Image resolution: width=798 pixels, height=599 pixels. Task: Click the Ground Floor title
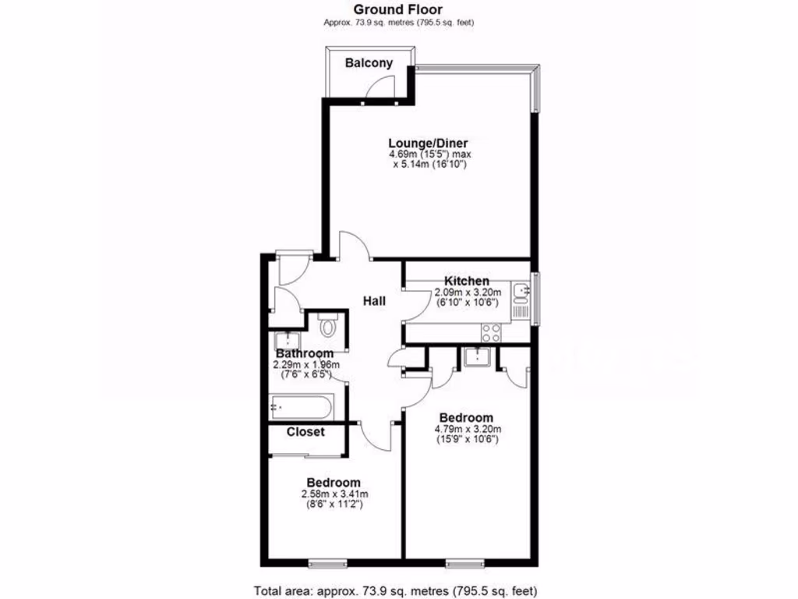(399, 9)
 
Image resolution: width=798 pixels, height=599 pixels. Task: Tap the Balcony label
(369, 63)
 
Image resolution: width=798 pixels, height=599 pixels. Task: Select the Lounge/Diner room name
(429, 144)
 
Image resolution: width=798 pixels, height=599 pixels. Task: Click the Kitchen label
(467, 281)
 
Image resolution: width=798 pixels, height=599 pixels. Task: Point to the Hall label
(375, 300)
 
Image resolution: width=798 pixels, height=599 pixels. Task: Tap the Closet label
(305, 431)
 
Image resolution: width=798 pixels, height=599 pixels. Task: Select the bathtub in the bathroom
(302, 406)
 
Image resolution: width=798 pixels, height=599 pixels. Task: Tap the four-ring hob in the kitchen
(492, 332)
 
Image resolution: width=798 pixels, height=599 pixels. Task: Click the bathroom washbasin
(288, 340)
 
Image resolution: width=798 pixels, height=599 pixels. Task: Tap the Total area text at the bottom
(396, 590)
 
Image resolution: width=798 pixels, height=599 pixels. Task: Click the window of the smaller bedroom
(324, 562)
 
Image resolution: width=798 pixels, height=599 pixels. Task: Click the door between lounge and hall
(352, 247)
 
